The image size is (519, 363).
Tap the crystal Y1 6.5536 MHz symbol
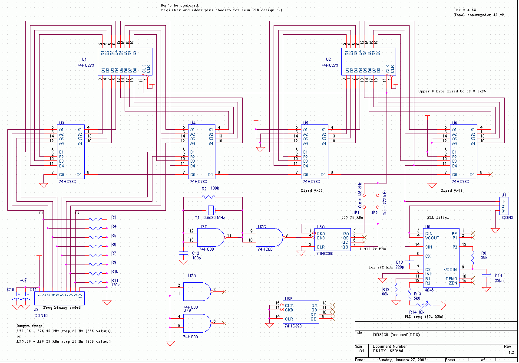(x=211, y=209)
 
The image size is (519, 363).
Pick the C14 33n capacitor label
(x=498, y=278)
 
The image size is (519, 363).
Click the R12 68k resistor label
(x=386, y=291)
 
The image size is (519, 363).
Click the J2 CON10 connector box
(x=60, y=299)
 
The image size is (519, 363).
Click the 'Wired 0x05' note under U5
(x=311, y=190)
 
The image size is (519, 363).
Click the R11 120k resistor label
(x=115, y=283)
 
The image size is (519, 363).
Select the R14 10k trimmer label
(x=416, y=311)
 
